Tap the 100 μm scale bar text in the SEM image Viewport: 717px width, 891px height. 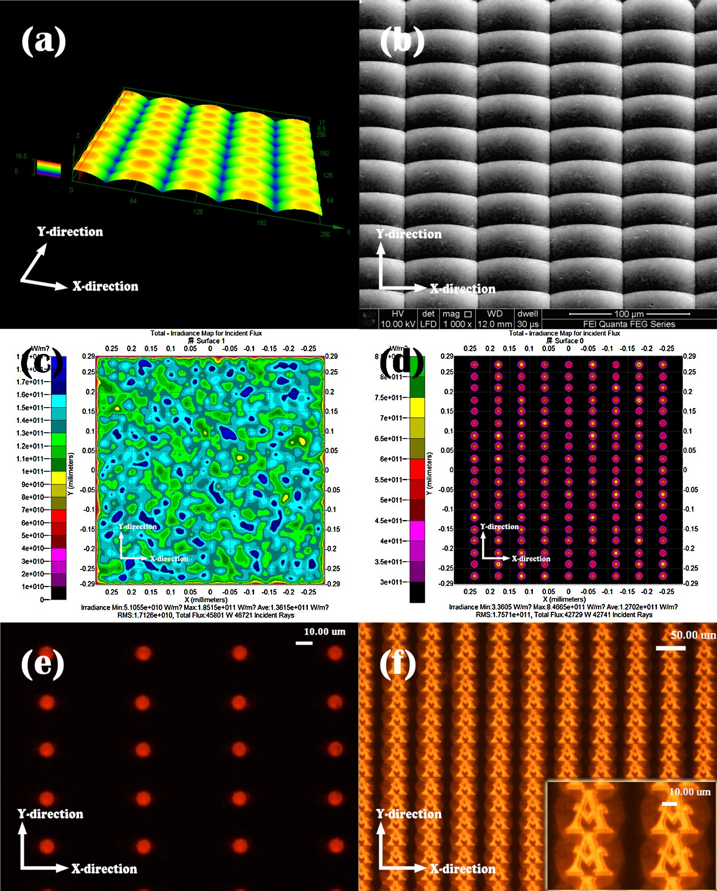click(x=629, y=314)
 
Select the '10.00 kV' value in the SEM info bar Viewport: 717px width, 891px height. click(x=397, y=324)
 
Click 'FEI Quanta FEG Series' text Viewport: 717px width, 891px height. click(x=629, y=324)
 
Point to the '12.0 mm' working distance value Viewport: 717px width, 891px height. click(x=494, y=324)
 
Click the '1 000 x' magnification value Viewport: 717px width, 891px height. click(x=457, y=324)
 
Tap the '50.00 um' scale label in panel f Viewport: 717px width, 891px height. click(x=693, y=635)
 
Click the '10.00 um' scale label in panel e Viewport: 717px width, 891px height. click(x=324, y=632)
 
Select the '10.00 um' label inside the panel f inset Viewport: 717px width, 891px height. click(x=690, y=792)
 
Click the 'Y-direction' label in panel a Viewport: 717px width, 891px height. click(x=70, y=232)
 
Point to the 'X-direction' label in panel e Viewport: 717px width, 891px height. click(x=104, y=869)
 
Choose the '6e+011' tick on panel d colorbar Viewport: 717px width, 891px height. click(x=391, y=459)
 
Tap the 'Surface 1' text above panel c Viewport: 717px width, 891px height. click(x=211, y=341)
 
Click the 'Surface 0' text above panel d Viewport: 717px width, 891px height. click(x=569, y=341)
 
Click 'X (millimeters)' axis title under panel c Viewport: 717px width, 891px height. click(x=206, y=600)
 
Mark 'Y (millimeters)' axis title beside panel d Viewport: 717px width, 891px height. click(x=429, y=473)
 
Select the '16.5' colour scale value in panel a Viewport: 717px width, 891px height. click(x=21, y=156)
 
